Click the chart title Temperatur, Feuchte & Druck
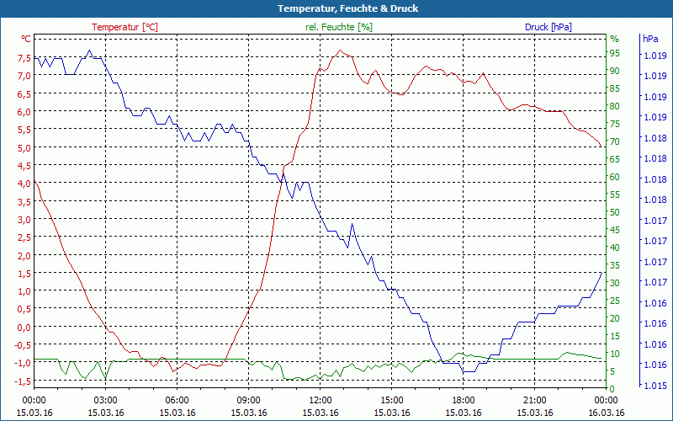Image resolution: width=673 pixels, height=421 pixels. tap(336, 8)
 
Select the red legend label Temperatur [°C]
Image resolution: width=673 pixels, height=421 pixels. tap(125, 27)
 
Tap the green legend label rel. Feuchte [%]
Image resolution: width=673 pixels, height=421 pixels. tap(339, 27)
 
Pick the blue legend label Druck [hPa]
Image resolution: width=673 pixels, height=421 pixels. tap(548, 27)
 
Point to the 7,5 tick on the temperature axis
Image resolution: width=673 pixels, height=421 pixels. tap(24, 58)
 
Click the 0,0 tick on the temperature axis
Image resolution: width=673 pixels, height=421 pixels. tap(24, 328)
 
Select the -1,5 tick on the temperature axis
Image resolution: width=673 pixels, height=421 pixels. tap(23, 381)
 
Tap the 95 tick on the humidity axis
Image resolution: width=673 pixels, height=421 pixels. tap(615, 53)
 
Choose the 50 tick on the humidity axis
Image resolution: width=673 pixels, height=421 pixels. tap(615, 212)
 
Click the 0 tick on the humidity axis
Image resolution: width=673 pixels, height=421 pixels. tap(612, 389)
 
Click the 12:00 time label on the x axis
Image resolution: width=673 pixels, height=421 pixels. tap(321, 401)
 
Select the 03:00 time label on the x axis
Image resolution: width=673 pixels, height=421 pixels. tap(105, 401)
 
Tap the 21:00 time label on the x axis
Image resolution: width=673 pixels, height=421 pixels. tap(535, 401)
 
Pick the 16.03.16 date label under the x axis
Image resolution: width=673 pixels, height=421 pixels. tap(607, 413)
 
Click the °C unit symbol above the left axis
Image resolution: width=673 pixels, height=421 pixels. tap(26, 39)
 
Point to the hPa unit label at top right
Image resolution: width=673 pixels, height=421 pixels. tap(650, 39)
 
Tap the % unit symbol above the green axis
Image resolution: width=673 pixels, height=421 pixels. tap(614, 39)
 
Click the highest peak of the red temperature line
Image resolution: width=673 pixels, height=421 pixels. tap(340, 51)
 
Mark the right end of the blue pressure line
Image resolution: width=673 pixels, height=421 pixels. tap(601, 273)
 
